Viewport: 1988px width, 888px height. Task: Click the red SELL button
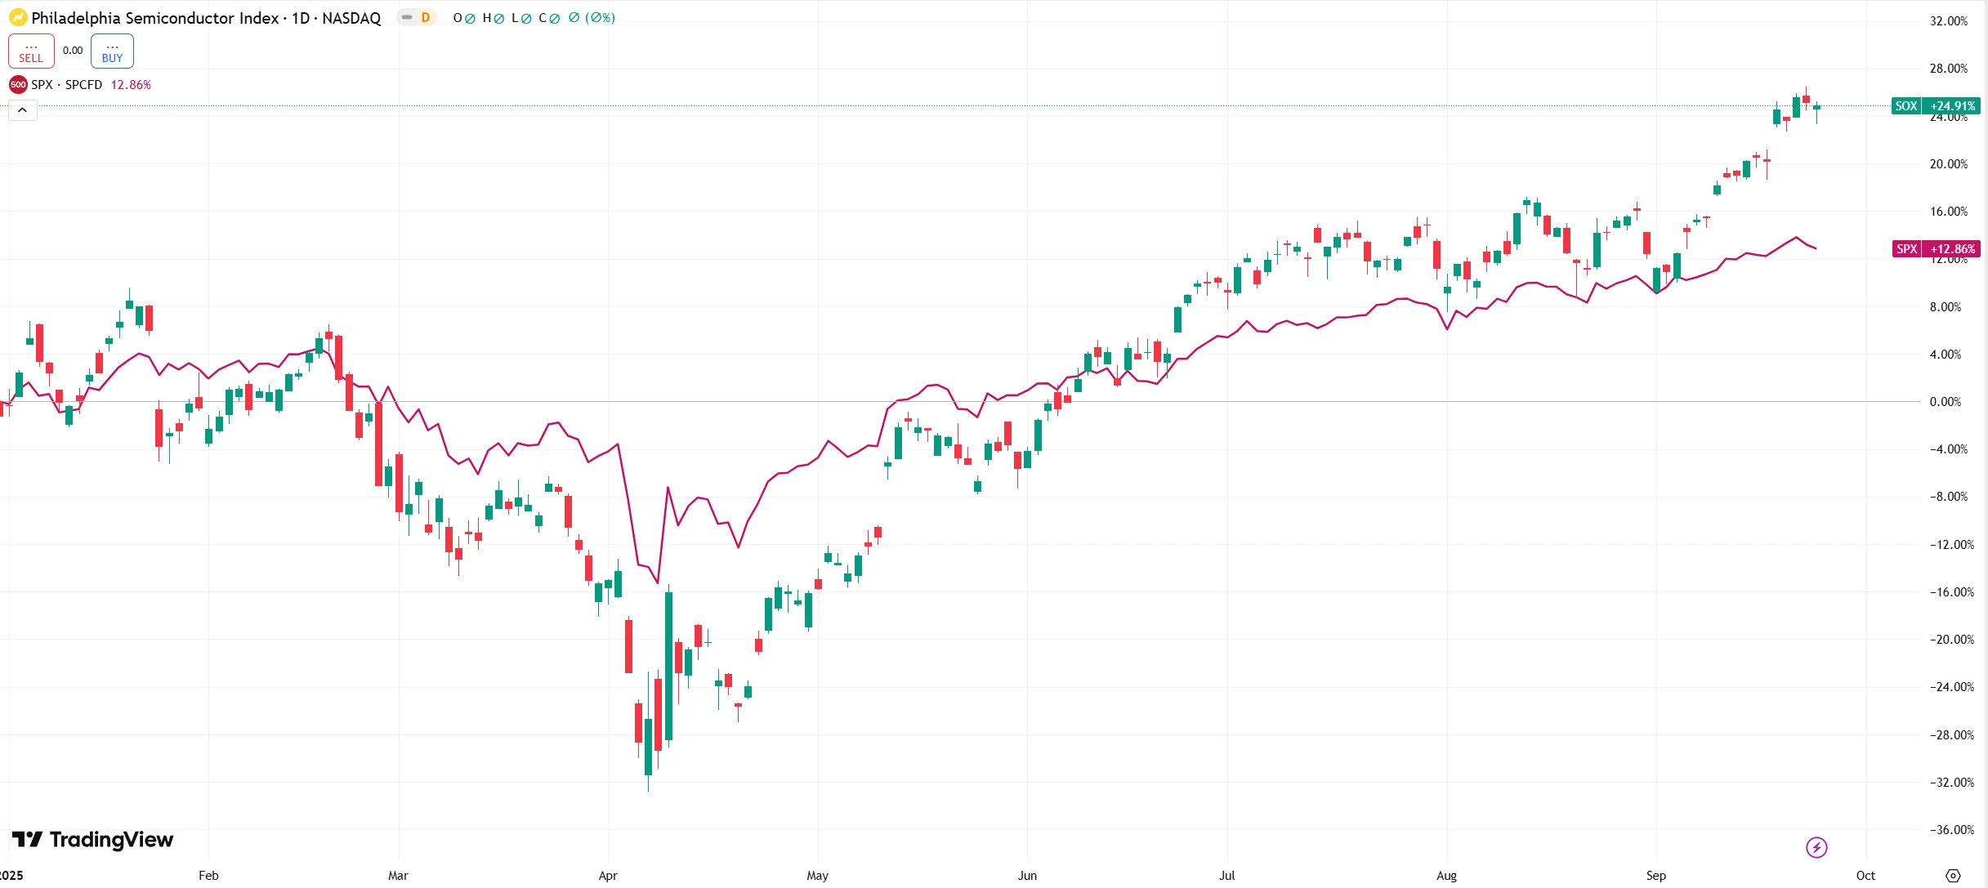(31, 51)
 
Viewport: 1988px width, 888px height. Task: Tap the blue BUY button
(112, 51)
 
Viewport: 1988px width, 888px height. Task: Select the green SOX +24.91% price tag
(1936, 106)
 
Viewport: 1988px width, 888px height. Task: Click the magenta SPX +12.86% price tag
(1936, 249)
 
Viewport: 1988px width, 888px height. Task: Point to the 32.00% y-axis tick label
(1948, 21)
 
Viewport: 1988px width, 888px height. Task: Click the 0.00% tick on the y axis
(1945, 402)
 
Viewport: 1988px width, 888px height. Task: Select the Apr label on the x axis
(608, 876)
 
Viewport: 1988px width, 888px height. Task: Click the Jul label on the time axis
(1226, 876)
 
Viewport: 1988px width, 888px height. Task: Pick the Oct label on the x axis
(1865, 876)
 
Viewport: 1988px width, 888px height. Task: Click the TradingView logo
(93, 840)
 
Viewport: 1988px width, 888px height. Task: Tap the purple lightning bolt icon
(1816, 848)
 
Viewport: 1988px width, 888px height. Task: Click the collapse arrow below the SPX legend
(23, 110)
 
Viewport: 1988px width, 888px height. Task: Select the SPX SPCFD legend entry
(65, 85)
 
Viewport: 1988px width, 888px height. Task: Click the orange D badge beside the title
(425, 18)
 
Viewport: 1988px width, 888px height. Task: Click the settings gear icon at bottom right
(1953, 876)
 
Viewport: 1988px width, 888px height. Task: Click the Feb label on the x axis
(208, 876)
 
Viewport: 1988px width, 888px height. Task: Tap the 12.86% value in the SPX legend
(131, 85)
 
